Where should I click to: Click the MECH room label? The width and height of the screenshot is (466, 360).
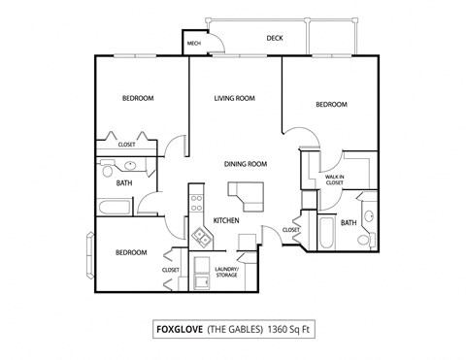click(193, 43)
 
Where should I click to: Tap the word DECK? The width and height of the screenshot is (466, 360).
click(275, 39)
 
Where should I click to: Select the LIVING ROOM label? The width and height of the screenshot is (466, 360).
click(234, 98)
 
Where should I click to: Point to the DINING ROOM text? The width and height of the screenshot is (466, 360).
click(246, 164)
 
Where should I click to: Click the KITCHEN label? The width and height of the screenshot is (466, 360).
click(226, 221)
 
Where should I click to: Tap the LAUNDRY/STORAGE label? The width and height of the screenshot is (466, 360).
click(226, 272)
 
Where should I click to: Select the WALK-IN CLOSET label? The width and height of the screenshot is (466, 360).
click(335, 179)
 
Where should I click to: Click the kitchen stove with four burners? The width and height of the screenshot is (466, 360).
click(196, 204)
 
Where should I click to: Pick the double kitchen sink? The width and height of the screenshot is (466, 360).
click(203, 234)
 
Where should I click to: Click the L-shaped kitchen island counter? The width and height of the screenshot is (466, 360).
click(254, 193)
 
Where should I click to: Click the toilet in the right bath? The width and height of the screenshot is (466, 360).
click(369, 215)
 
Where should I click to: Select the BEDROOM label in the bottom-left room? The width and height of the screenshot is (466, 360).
click(131, 252)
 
